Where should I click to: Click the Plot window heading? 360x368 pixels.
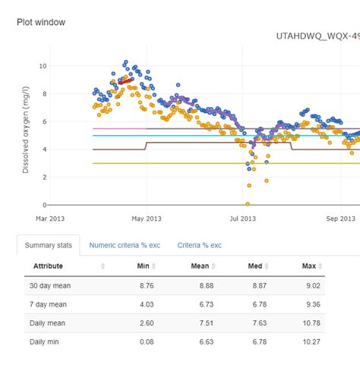[41, 22]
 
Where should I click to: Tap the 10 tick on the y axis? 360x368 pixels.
[43, 66]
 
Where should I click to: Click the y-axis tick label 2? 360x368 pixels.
[45, 177]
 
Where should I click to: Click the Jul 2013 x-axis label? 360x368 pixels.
[243, 219]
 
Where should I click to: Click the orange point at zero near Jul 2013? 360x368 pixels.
[248, 204]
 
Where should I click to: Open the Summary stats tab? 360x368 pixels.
[49, 246]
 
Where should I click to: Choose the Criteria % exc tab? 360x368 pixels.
[200, 246]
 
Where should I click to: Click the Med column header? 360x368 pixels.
[255, 266]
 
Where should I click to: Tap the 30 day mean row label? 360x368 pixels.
[50, 285]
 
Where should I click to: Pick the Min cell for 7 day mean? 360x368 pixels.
[147, 304]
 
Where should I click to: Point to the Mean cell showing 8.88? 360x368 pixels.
[201, 285]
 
